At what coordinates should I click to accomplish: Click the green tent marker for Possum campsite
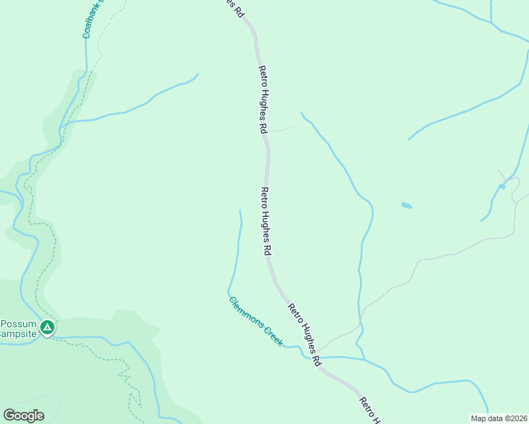pos(47,327)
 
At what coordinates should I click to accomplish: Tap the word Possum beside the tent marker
pos(17,324)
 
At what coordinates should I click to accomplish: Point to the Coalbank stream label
pos(92,18)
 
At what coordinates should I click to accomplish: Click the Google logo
pos(24,416)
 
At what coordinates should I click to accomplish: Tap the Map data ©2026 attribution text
pos(499,418)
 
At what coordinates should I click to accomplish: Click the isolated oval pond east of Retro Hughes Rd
pos(406,206)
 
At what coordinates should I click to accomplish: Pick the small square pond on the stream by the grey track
pos(501,186)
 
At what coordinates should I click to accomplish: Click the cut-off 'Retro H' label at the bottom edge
pos(368,411)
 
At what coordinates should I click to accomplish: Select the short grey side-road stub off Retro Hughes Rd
pos(281,129)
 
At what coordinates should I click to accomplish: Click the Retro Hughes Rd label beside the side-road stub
pos(263,99)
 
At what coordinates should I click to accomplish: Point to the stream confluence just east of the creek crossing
pos(364,359)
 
